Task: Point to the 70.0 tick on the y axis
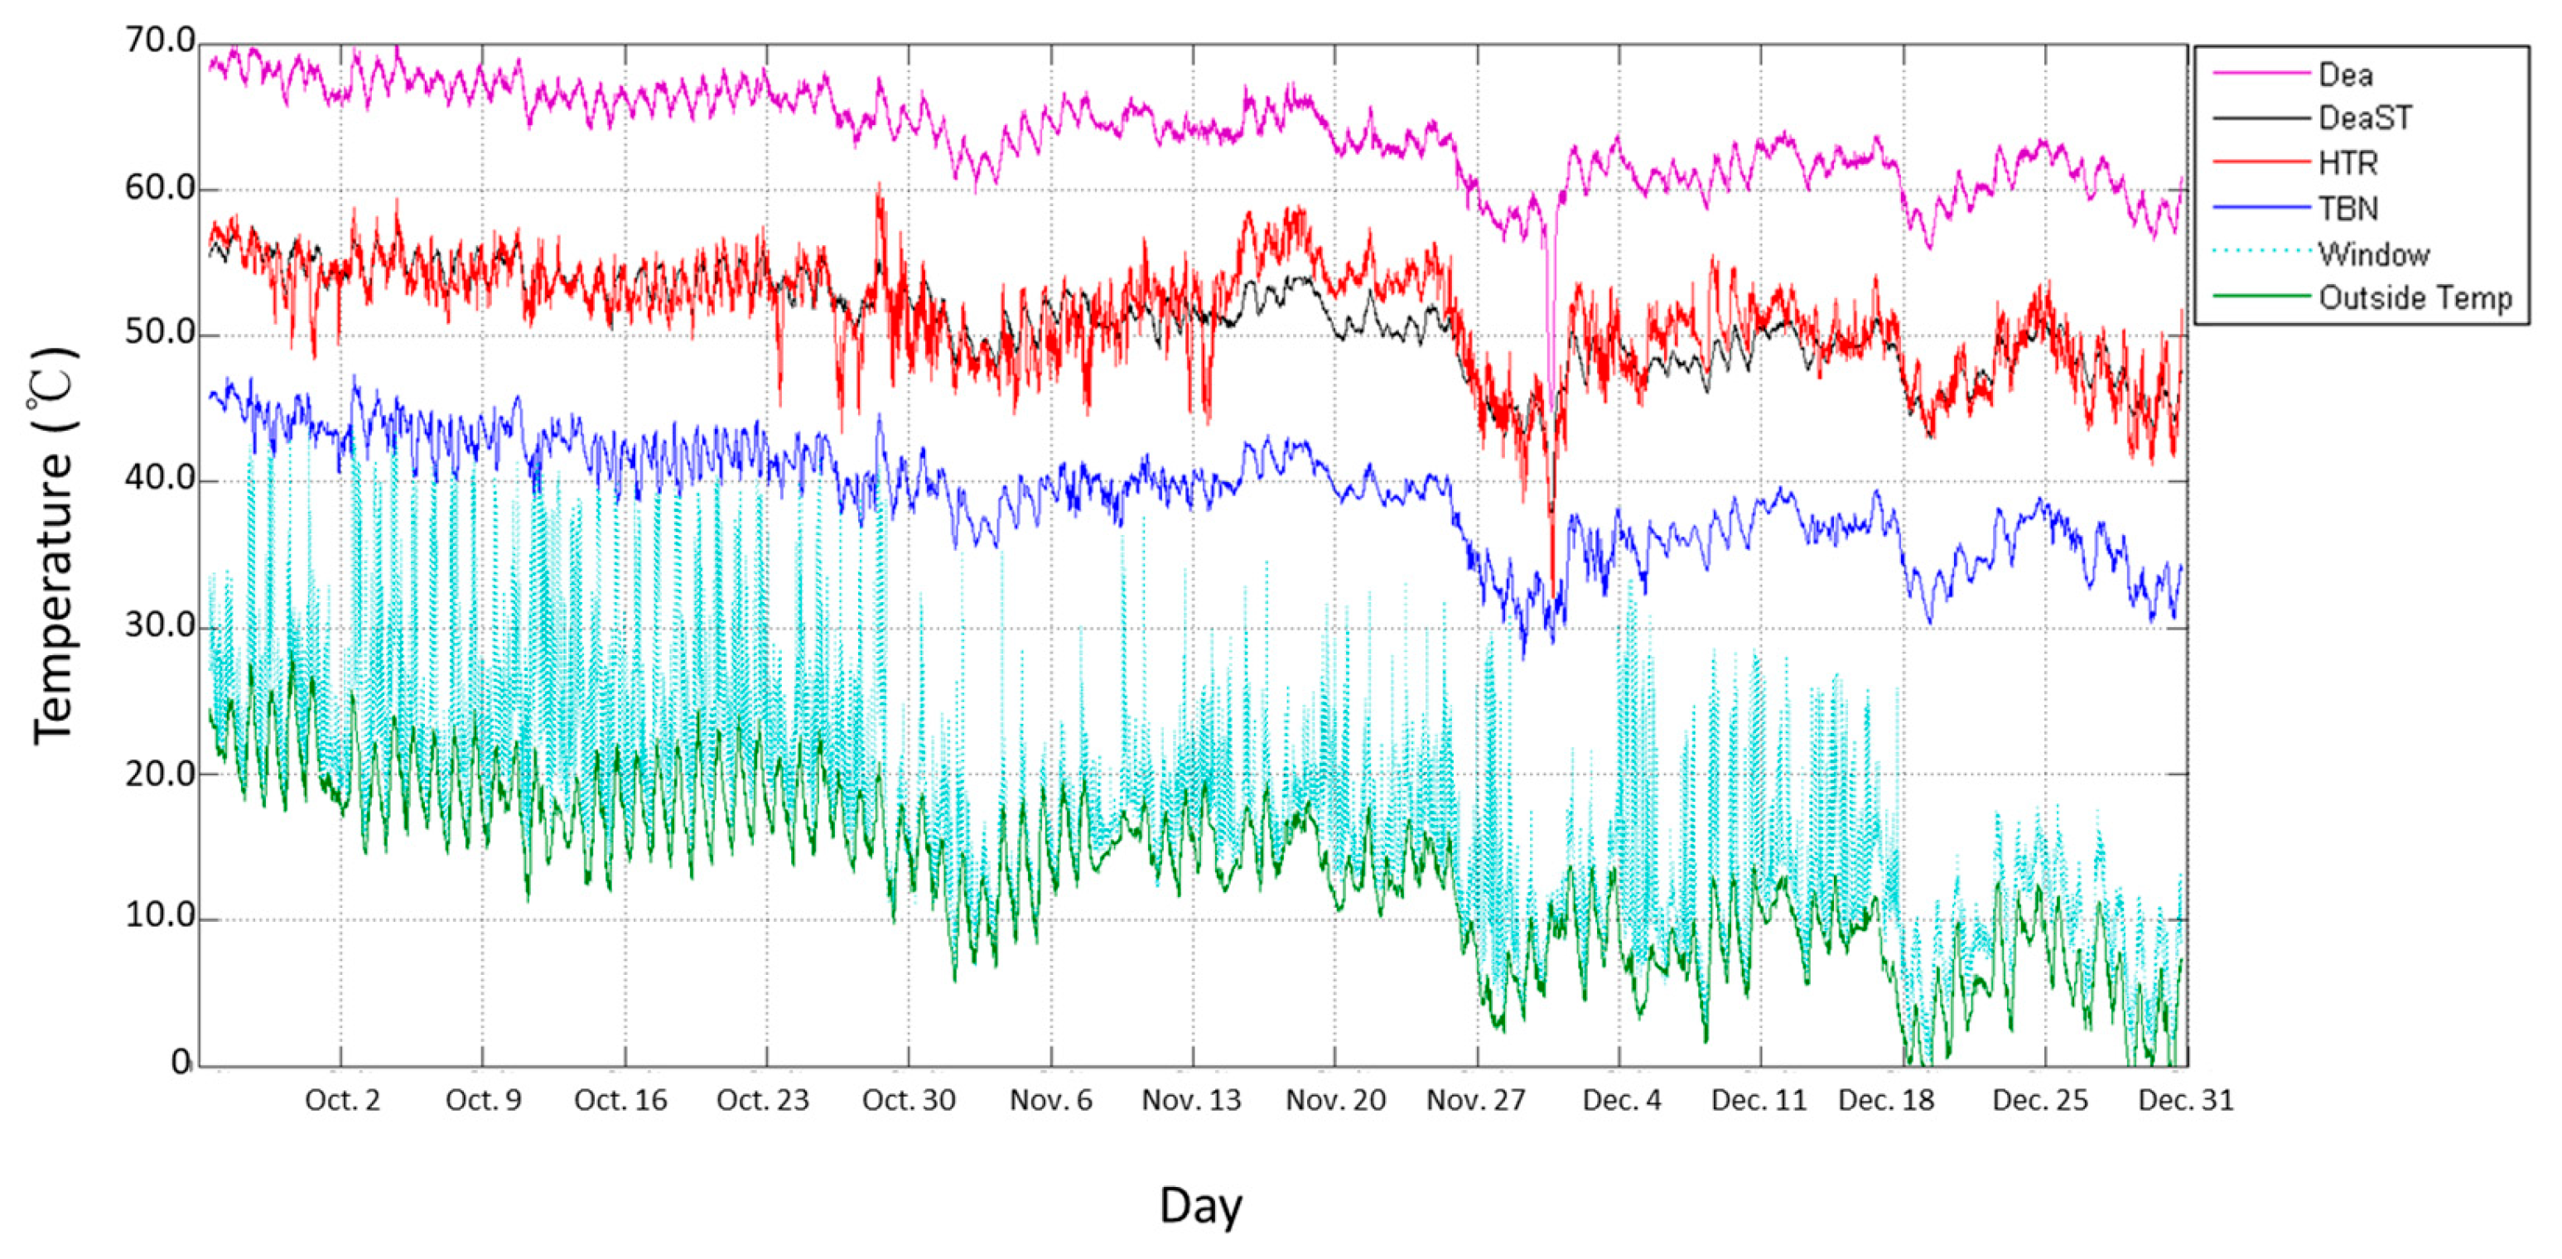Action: click(159, 41)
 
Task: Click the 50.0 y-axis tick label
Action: click(159, 333)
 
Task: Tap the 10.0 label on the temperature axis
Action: click(159, 917)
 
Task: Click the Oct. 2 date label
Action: click(342, 1101)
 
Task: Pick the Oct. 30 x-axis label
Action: click(908, 1101)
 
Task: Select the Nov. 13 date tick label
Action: click(1191, 1101)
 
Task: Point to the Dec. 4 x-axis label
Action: click(1621, 1101)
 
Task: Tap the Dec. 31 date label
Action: click(2186, 1101)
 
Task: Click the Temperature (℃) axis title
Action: click(54, 545)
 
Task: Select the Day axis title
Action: click(1200, 1206)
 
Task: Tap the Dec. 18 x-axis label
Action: click(1886, 1101)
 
